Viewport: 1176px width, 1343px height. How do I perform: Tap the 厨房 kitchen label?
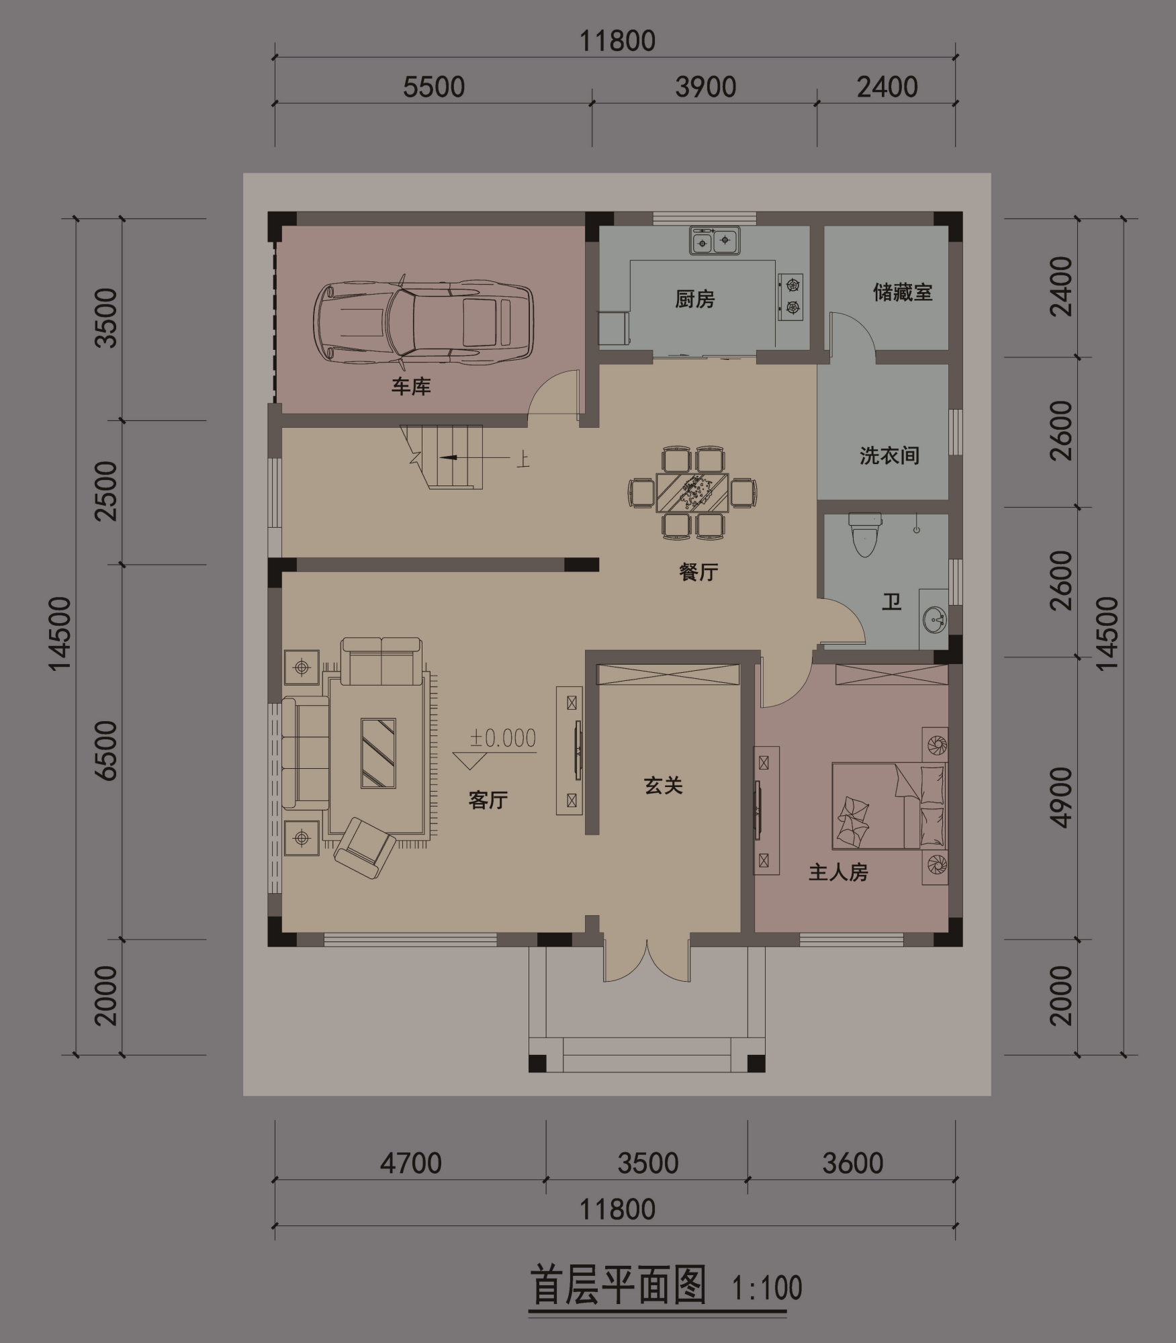pos(694,299)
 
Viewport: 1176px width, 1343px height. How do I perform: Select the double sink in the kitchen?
pos(714,240)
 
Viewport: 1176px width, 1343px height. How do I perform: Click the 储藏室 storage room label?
pos(903,293)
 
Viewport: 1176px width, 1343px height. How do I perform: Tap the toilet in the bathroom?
pos(864,535)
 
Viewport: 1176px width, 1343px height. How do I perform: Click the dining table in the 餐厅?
pos(692,493)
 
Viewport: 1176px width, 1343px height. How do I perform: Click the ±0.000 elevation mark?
pos(502,739)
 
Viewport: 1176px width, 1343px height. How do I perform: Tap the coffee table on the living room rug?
pos(378,753)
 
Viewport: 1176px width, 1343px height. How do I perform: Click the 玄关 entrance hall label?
pos(664,786)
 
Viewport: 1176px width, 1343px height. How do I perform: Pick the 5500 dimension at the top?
pos(434,87)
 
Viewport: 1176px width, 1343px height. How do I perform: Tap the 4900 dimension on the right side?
pos(1061,798)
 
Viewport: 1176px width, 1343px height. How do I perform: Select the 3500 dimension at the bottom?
pos(647,1163)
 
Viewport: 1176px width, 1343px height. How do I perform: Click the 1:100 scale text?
pos(767,1288)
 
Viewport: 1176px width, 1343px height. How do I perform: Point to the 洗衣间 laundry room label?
pos(889,456)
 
